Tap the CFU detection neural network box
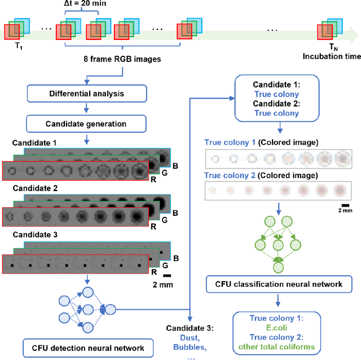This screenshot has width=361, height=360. coord(84,348)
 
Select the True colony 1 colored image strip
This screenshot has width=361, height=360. coord(278,160)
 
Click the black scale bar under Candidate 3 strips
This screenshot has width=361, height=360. coord(167,275)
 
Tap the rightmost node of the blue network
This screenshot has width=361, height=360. coord(111,309)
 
